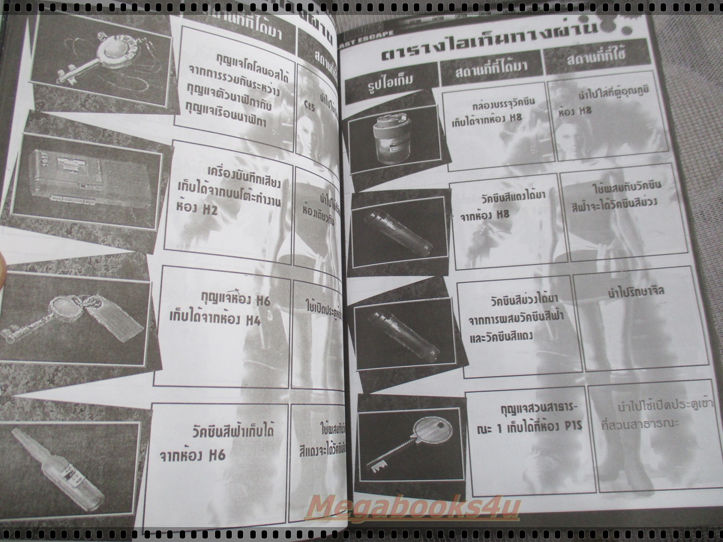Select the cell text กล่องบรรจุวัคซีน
[x=502, y=101]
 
